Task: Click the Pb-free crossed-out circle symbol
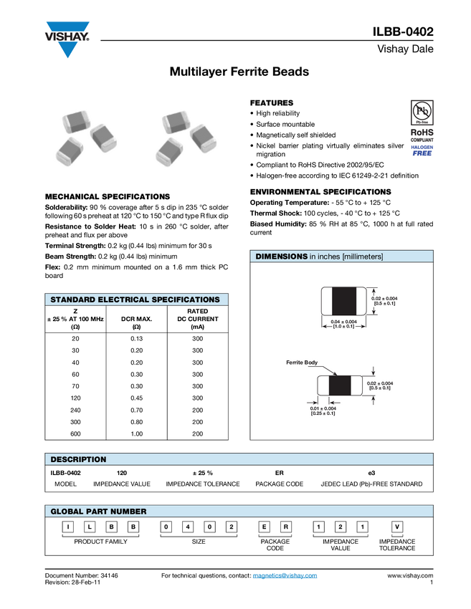422,112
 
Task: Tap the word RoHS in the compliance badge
422,133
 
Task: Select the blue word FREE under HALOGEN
422,153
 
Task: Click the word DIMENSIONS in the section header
281,256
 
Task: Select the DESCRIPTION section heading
78,459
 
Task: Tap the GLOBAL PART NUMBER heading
98,512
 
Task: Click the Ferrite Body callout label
302,363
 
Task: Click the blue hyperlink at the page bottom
285,576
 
